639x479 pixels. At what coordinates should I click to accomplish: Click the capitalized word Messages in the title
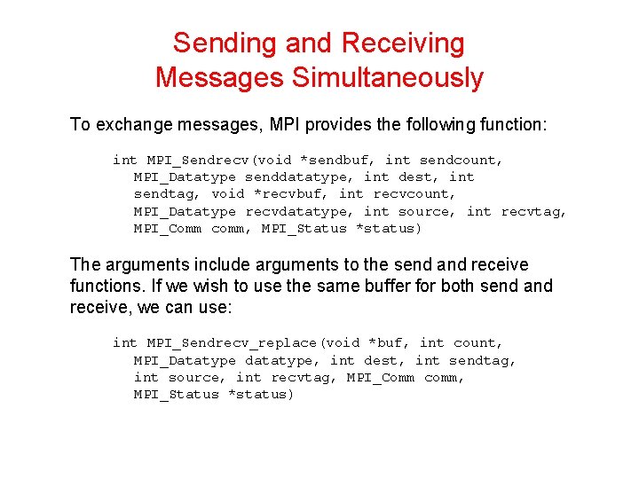(217, 77)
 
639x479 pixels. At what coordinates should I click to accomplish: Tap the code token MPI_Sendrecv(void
(217, 160)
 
